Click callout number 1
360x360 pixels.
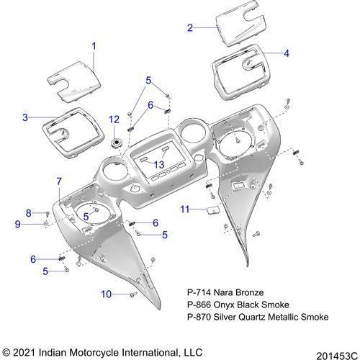tap(94, 46)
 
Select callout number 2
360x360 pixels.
tap(190, 28)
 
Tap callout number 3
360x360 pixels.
tap(25, 117)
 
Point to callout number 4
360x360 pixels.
tap(287, 53)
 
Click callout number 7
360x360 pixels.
tap(59, 181)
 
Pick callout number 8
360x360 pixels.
tap(29, 213)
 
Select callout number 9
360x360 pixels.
tap(18, 224)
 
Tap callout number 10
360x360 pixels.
tap(106, 294)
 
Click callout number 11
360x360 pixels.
tap(185, 210)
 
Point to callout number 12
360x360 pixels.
tap(114, 120)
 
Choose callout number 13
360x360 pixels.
tap(159, 165)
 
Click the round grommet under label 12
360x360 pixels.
tap(116, 143)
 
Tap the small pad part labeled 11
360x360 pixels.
tap(213, 210)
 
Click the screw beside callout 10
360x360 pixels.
tap(133, 294)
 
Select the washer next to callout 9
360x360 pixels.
tap(45, 224)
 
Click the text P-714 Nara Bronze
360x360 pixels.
tap(225, 292)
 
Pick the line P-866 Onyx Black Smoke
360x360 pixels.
tap(238, 305)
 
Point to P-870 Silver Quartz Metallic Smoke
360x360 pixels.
tap(258, 317)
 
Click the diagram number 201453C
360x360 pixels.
tap(337, 356)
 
